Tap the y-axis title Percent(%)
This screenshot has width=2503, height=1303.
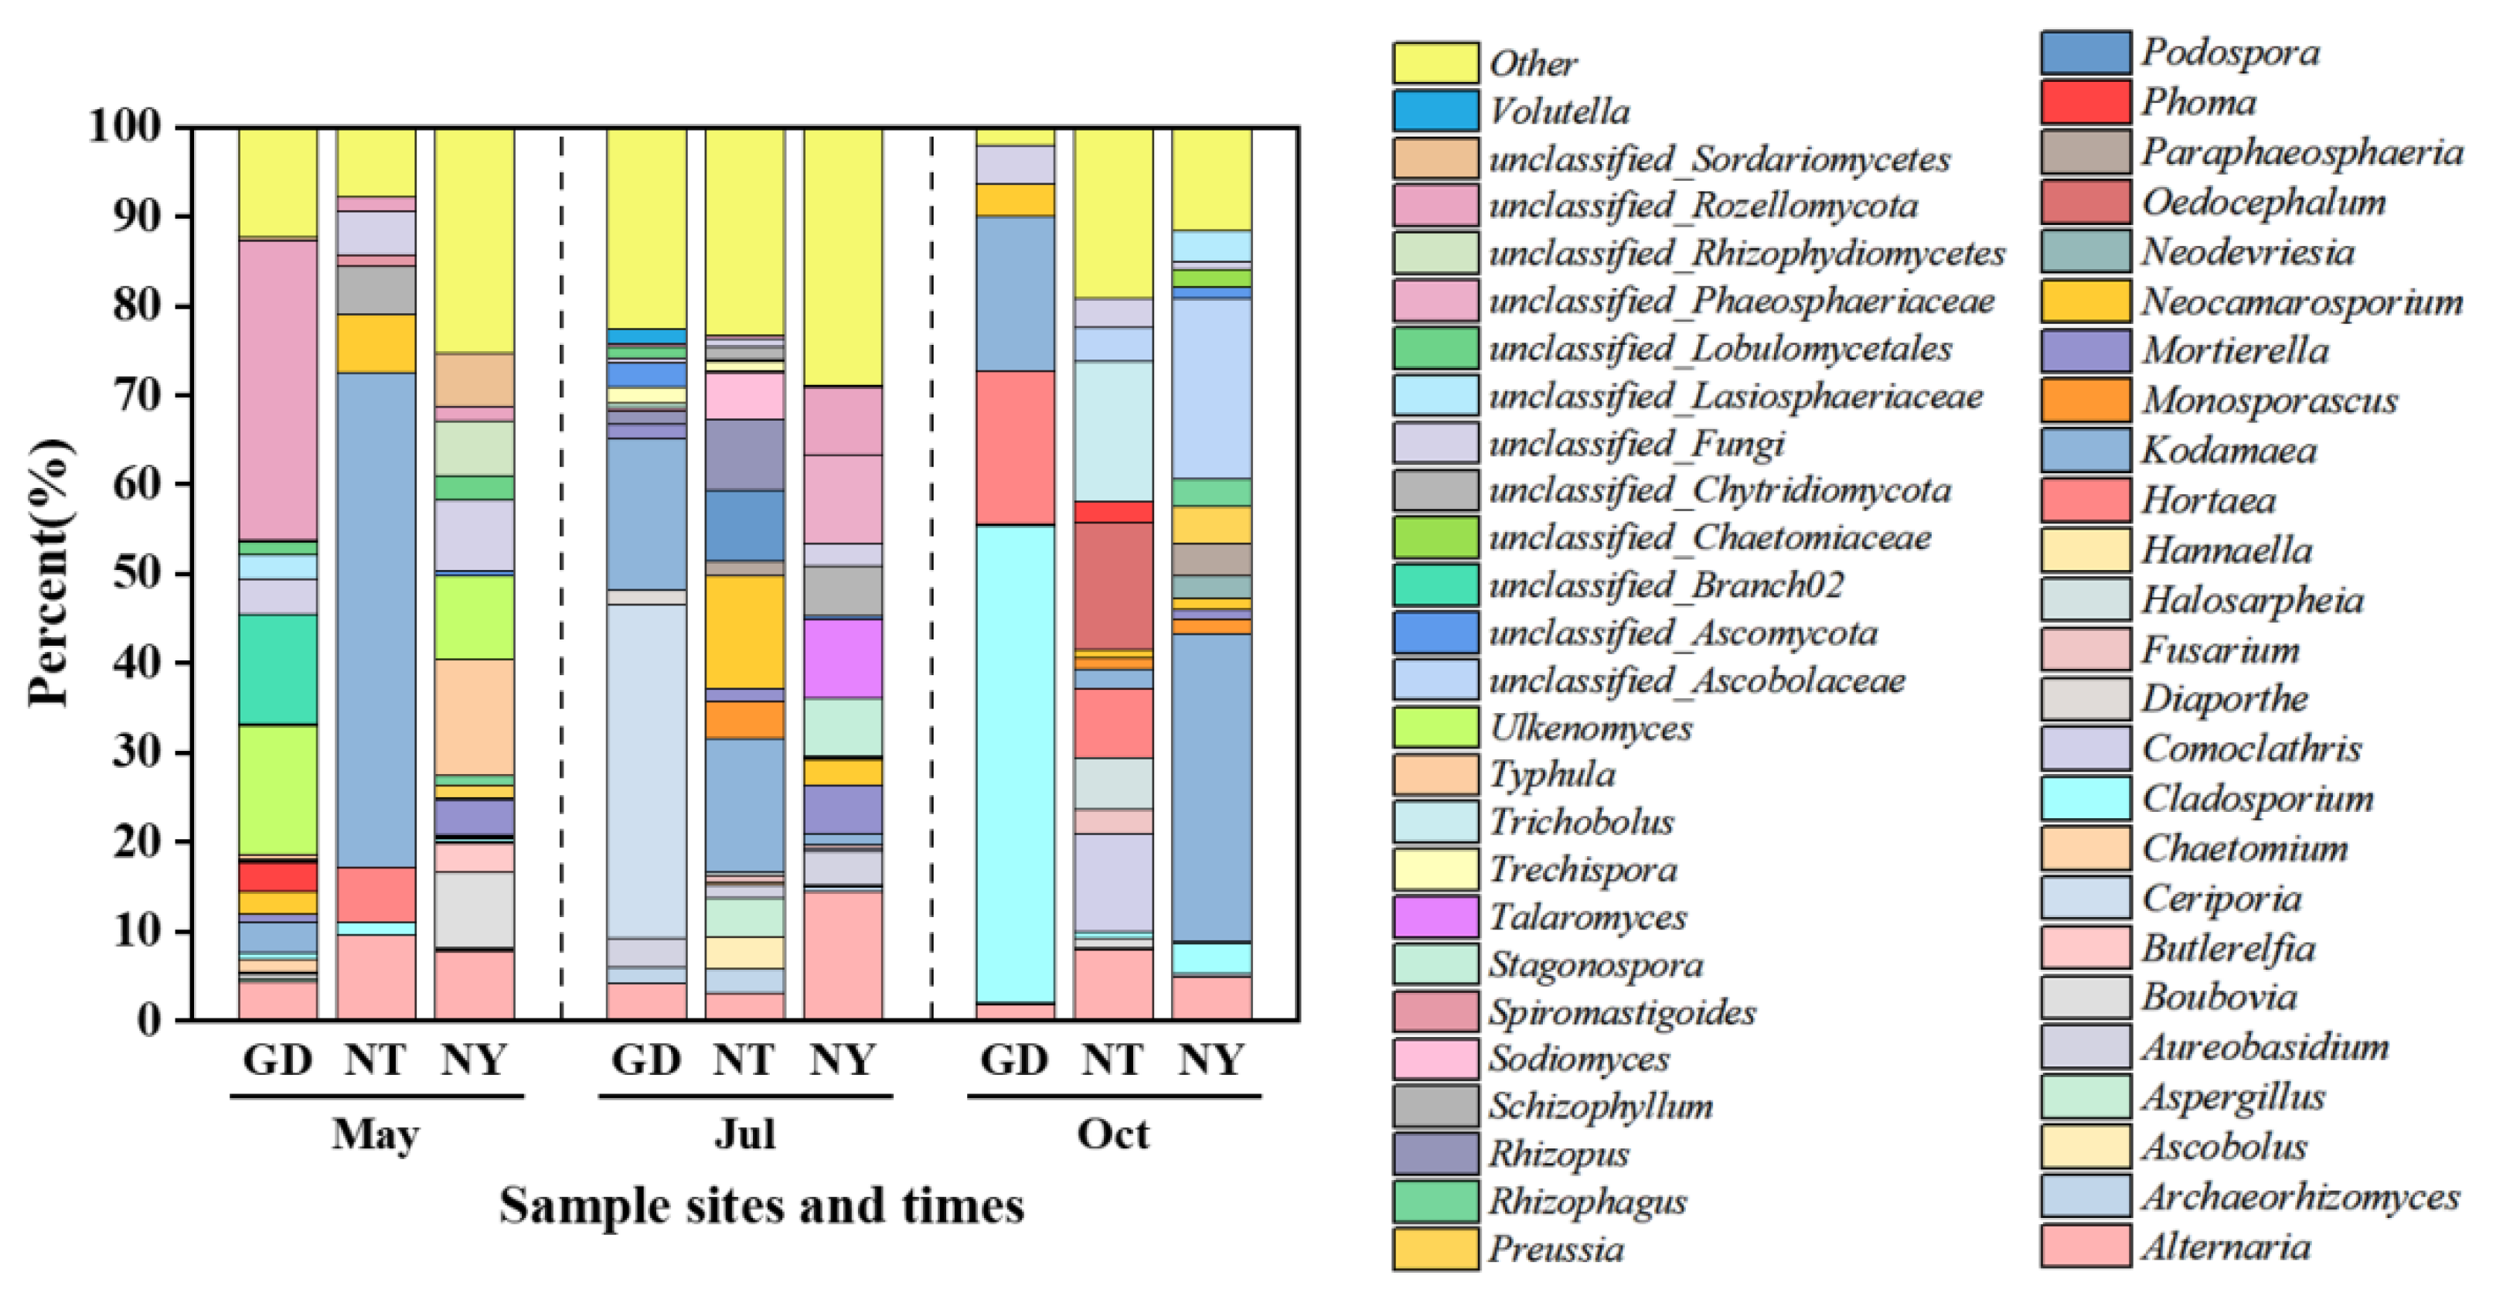[x=49, y=573]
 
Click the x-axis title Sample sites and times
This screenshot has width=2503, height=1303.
[x=761, y=1206]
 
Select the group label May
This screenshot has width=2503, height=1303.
[x=376, y=1134]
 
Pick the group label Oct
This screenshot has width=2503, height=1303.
[x=1114, y=1134]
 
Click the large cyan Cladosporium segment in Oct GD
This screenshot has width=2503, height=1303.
[x=1016, y=762]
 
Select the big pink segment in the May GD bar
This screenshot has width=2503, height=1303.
[x=278, y=389]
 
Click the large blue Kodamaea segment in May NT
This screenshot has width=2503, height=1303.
[x=376, y=619]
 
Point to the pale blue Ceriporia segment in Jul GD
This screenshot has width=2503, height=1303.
[x=646, y=770]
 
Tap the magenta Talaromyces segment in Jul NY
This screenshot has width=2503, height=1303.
[x=843, y=658]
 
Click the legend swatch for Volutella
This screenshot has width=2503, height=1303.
[x=1436, y=111]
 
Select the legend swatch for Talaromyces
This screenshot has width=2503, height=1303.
[x=1436, y=917]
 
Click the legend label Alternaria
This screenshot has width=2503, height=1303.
[x=2226, y=1247]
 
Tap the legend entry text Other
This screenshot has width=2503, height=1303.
[x=1534, y=63]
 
